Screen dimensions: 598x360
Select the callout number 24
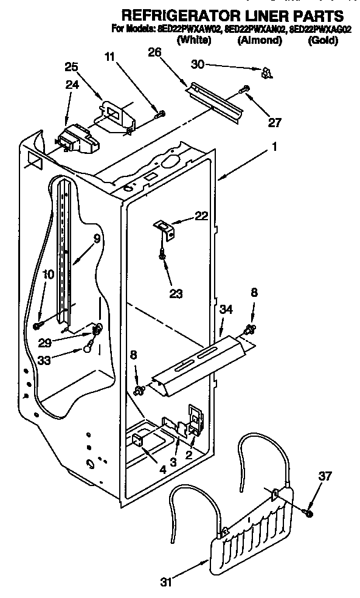72,86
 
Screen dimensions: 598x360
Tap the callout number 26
154,53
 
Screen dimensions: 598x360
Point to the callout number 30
198,64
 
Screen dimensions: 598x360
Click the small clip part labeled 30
265,73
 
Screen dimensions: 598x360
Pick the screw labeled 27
245,89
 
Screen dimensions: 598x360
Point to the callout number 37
325,476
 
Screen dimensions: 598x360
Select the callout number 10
48,274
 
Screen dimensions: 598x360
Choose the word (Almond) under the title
260,41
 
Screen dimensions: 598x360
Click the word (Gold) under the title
323,41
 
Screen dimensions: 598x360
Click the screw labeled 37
309,514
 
